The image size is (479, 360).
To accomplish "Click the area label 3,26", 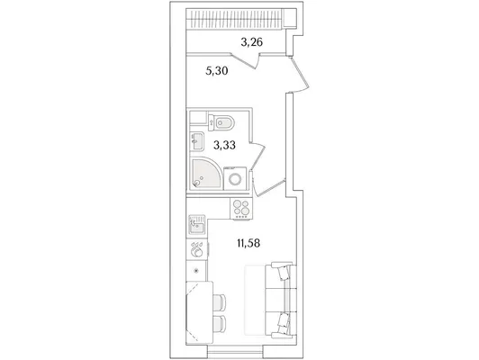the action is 252,42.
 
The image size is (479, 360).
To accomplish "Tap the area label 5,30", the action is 217,71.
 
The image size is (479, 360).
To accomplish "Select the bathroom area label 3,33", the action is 224,145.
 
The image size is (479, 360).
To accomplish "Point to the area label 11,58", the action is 249,243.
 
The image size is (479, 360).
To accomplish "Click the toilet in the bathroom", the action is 221,122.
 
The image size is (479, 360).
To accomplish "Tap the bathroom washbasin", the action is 196,141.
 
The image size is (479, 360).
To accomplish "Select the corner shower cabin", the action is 205,174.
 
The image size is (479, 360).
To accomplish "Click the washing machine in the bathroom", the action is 235,178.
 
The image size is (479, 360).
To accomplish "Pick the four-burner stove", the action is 241,208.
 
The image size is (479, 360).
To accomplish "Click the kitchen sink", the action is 197,224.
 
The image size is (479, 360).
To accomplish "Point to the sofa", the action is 280,300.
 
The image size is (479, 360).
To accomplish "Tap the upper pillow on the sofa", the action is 284,273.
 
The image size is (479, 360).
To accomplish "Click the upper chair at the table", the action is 220,302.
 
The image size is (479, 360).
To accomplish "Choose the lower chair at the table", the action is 220,323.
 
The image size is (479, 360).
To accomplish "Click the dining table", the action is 200,312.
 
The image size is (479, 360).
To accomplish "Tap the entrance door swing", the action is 299,73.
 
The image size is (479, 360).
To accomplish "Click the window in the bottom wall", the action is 235,351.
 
